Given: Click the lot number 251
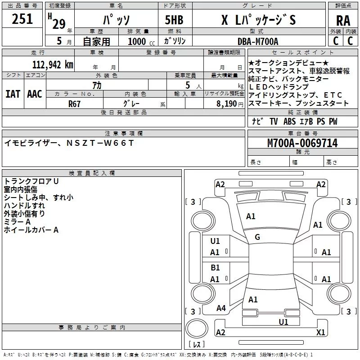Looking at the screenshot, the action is tap(22, 19).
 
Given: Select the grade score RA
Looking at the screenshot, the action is tap(343, 20).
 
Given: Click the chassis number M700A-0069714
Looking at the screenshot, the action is tap(302, 144).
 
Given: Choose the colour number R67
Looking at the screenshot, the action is tap(74, 103).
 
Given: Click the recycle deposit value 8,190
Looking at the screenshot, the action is tap(227, 103).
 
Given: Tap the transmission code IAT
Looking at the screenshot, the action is tap(13, 94).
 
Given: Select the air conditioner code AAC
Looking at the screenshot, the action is tap(35, 94).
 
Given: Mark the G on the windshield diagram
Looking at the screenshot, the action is tap(257, 237).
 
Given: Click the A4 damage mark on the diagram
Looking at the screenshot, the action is tap(221, 308).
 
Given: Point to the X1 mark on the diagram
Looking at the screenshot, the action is tap(321, 333).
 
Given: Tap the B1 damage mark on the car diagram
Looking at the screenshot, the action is tap(215, 268).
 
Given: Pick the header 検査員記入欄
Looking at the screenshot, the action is tap(92, 173).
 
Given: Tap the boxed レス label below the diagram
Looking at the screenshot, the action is tap(197, 344).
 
